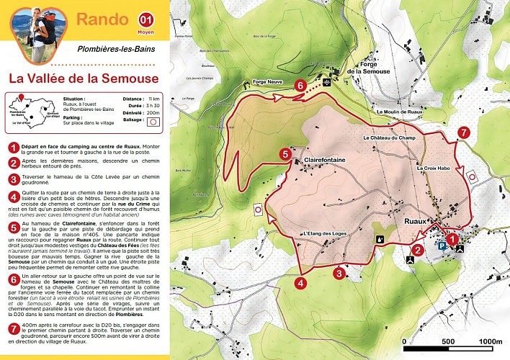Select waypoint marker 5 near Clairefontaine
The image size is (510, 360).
click(x=286, y=153)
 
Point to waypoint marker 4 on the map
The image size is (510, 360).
click(x=300, y=282)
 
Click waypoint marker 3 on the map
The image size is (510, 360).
click(x=339, y=273)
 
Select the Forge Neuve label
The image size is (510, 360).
click(x=266, y=82)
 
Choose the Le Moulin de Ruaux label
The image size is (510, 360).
click(x=399, y=112)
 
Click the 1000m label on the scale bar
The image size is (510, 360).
click(x=490, y=341)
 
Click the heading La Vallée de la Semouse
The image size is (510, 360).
click(x=84, y=77)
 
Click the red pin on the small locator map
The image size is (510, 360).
click(x=20, y=99)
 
